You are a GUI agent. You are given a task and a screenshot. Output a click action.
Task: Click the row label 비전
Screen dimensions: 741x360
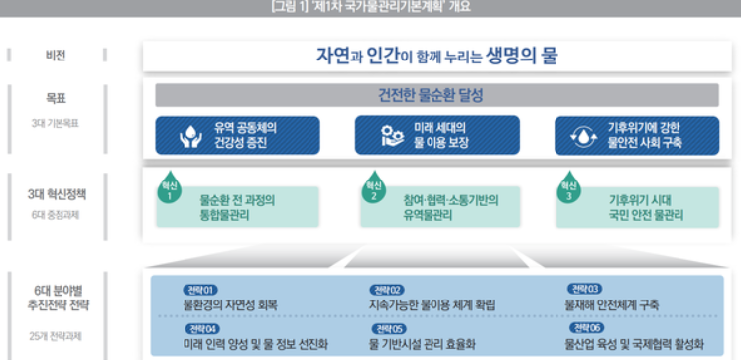[54, 55]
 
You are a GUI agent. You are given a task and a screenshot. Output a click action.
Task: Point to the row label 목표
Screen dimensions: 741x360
[54, 101]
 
